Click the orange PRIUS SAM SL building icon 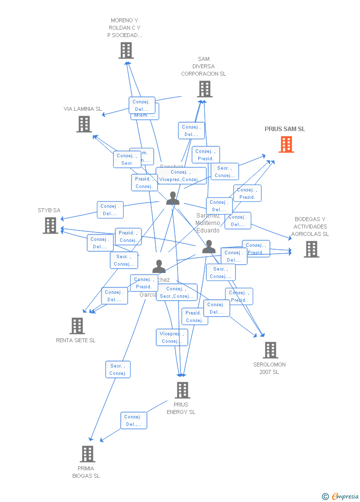(x=286, y=144)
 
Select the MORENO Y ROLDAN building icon (x=126, y=50)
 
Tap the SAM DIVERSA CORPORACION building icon (x=205, y=89)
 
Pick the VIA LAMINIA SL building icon (x=84, y=124)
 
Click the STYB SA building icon (x=50, y=226)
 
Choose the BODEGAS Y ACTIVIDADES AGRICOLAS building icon (x=312, y=249)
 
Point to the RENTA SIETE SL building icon (x=77, y=326)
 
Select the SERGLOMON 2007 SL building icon (x=270, y=350)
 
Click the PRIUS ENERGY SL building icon (x=182, y=390)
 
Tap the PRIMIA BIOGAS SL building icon (x=88, y=454)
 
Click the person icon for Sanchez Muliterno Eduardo (x=209, y=246)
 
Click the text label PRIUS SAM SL (x=285, y=129)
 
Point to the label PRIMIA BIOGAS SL (x=86, y=472)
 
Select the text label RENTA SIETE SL (x=76, y=340)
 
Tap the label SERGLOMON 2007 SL (x=270, y=368)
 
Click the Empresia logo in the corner (x=341, y=496)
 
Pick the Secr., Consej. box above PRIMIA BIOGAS (x=118, y=369)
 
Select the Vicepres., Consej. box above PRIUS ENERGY (x=172, y=337)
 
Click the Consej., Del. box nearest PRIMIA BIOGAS (x=134, y=420)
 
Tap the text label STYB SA (x=49, y=210)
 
